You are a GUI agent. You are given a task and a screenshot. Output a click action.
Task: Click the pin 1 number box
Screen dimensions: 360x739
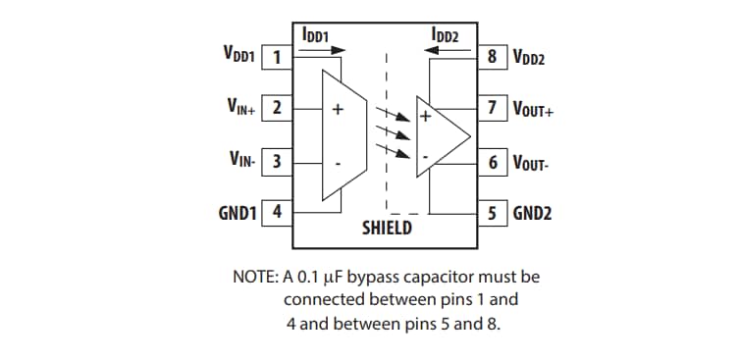click(277, 57)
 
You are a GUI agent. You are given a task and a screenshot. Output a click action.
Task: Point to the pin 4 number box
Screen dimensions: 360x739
click(277, 211)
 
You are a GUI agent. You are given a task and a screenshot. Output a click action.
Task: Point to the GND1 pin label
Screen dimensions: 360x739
click(237, 211)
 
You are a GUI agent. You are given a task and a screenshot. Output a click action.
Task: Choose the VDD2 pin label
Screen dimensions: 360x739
click(530, 58)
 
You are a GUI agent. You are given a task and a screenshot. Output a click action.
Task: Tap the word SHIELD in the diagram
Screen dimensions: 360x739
click(388, 228)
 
